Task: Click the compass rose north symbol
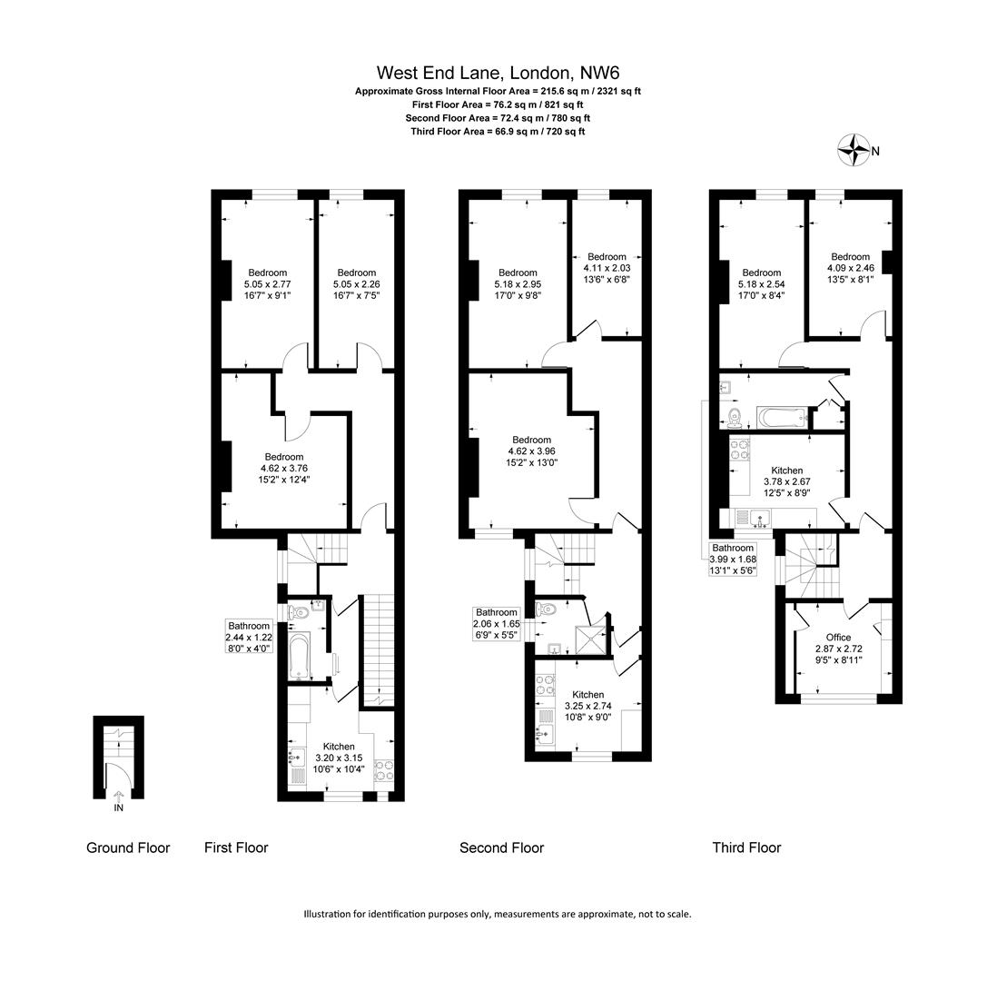(x=854, y=151)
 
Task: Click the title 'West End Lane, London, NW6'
(x=498, y=73)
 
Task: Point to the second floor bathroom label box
(x=496, y=624)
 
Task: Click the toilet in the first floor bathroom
(x=299, y=614)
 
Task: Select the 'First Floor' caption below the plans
(x=236, y=847)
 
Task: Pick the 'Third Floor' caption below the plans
(x=746, y=847)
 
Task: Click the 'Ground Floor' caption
(x=128, y=847)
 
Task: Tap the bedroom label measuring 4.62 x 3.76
(x=284, y=469)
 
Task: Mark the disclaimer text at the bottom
(x=498, y=914)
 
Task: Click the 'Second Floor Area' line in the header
(x=498, y=118)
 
